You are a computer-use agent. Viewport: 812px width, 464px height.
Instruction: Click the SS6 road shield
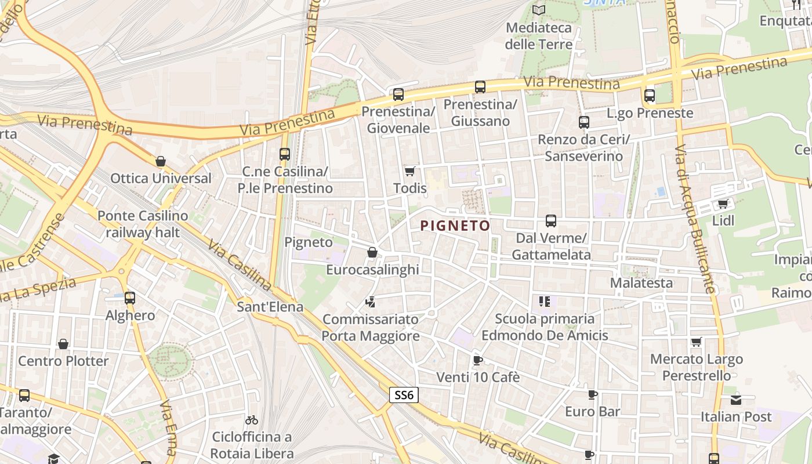click(x=403, y=395)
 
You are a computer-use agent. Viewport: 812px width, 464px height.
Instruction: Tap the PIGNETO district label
click(x=455, y=226)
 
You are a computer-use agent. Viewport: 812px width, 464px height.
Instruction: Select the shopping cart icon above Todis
click(x=410, y=171)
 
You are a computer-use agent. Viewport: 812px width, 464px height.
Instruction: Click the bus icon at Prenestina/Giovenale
click(x=398, y=94)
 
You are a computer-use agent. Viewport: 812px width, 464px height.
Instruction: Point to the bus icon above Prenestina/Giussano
click(x=480, y=87)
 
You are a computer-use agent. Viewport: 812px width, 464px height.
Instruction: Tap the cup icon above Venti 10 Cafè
click(x=477, y=360)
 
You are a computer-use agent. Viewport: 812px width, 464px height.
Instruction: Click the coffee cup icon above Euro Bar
click(x=592, y=395)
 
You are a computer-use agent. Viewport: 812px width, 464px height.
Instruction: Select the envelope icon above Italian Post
click(x=735, y=400)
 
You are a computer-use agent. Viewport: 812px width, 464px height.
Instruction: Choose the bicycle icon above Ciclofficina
click(x=251, y=420)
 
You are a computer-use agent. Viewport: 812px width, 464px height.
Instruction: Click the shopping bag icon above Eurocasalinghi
click(x=372, y=252)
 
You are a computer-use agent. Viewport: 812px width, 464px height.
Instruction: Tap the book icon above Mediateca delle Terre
click(x=539, y=10)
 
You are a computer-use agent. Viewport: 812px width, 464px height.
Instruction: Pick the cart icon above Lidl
click(x=723, y=204)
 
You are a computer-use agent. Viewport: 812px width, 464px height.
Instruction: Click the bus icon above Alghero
click(x=130, y=298)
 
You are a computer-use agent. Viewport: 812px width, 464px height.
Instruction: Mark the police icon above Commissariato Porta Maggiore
click(x=370, y=302)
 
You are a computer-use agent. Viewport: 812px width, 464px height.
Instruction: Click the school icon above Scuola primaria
click(x=544, y=301)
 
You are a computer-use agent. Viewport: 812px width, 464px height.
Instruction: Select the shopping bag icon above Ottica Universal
click(x=161, y=161)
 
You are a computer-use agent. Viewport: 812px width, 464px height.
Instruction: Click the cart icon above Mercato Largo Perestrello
click(x=696, y=342)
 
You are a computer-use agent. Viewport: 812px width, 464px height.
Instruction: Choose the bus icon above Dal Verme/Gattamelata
click(x=550, y=221)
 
